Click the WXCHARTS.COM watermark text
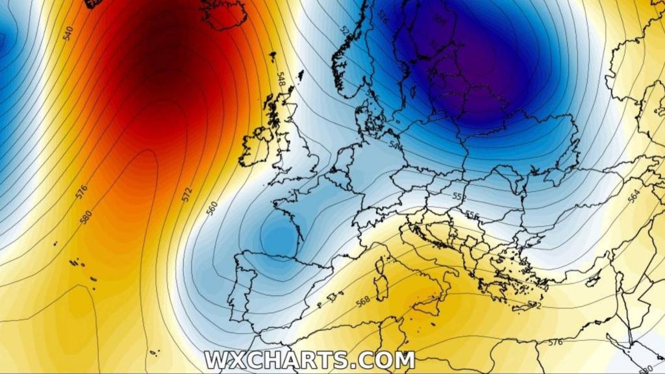click(x=309, y=359)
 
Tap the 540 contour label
click(x=68, y=33)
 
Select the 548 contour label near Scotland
click(x=281, y=80)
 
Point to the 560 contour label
click(x=212, y=208)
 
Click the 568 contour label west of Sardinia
click(x=362, y=300)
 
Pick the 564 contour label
click(x=634, y=196)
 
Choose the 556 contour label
click(x=472, y=215)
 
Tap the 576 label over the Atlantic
click(x=81, y=192)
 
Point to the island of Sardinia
click(x=381, y=286)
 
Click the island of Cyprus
click(x=593, y=280)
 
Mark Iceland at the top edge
click(x=224, y=13)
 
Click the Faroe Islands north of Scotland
click(x=272, y=56)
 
